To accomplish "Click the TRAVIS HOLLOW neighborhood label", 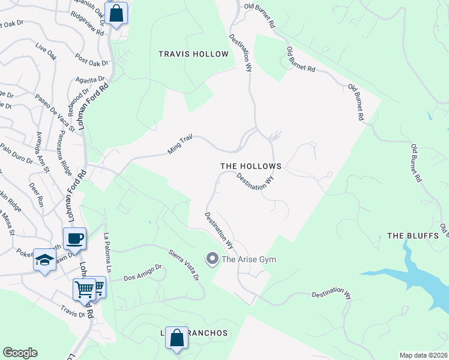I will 193,54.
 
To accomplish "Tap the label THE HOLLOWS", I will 250,166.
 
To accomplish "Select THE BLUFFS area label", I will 413,236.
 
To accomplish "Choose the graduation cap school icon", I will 44,259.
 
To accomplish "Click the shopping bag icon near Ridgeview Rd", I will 116,12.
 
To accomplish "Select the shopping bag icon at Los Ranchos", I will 176,338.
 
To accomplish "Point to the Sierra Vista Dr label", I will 183,264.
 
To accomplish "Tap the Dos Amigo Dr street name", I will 143,274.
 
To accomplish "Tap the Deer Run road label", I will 37,193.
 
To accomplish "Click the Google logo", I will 20,353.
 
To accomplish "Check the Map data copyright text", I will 423,355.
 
